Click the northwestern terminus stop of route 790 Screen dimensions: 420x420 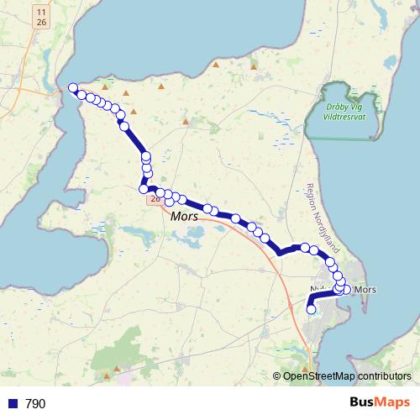(x=73, y=88)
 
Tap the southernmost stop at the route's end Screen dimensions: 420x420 (x=311, y=309)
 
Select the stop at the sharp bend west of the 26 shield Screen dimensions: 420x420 (x=144, y=189)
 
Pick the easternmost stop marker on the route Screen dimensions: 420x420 (x=346, y=290)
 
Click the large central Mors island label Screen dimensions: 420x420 (x=183, y=217)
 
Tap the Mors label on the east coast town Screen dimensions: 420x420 (x=366, y=290)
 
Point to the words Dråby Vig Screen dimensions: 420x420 (x=347, y=108)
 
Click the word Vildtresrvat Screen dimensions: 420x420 (x=347, y=117)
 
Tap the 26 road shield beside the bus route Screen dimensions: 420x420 (x=155, y=199)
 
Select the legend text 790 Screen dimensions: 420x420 (x=35, y=404)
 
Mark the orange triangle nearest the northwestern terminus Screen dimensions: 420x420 (x=105, y=86)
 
